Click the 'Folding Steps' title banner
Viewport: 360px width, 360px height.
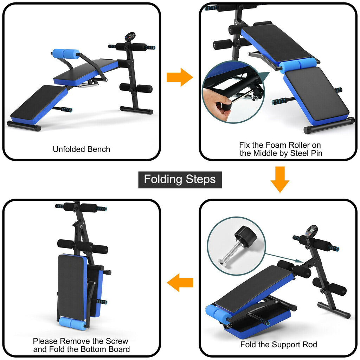(180, 179)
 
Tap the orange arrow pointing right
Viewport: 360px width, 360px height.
(180, 77)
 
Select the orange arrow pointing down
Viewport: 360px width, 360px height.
(280, 179)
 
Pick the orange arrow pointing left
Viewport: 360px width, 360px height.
(180, 282)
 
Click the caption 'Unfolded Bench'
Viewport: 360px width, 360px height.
(81, 149)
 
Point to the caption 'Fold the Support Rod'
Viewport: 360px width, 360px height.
(278, 345)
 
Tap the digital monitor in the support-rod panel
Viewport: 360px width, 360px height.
(311, 231)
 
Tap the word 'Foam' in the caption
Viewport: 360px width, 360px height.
(272, 145)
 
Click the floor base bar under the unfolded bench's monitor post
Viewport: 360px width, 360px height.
(136, 110)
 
